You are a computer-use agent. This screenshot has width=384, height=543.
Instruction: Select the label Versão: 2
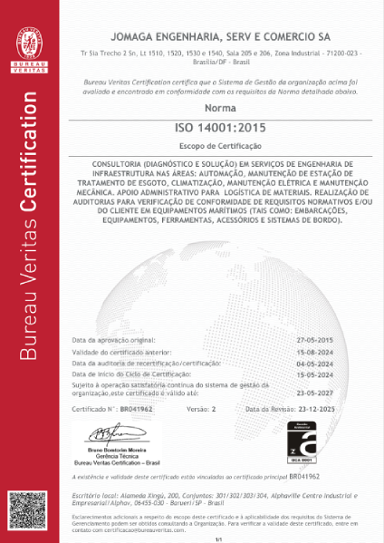coord(203,410)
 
